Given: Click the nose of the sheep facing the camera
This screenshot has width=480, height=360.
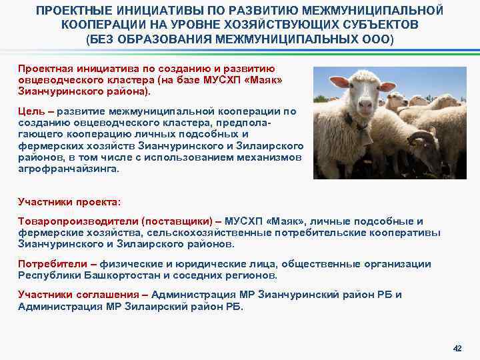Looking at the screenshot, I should point(365,105).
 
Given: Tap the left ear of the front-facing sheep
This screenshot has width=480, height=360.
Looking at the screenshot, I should point(337,81).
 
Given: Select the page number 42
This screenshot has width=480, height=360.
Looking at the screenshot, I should point(457,349).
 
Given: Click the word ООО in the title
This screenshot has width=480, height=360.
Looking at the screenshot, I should point(378,39).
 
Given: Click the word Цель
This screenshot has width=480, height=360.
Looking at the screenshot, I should point(30,111).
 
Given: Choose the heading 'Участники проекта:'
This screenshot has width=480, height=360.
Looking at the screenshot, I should point(61,201).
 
